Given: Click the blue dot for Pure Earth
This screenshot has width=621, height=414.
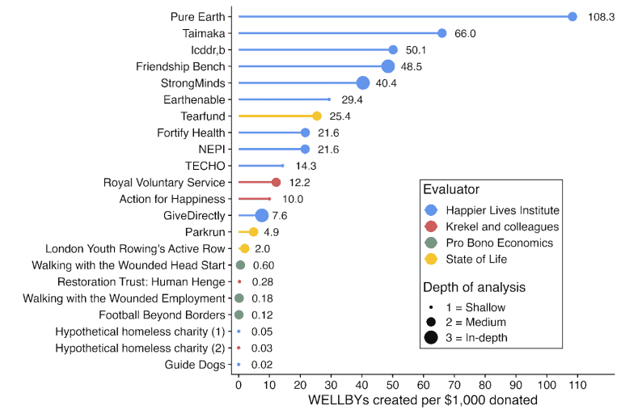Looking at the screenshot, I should click(x=572, y=16).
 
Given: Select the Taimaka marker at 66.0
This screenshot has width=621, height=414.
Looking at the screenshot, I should click(x=441, y=33).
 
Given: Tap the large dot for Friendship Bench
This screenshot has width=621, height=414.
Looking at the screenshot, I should click(x=388, y=66).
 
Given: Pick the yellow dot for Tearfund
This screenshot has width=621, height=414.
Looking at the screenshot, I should click(x=317, y=116).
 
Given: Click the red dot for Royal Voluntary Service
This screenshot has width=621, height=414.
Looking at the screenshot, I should click(x=276, y=182).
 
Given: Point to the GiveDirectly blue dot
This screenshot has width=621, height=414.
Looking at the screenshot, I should click(x=261, y=215).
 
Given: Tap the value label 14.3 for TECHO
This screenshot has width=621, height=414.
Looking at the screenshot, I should click(x=306, y=166).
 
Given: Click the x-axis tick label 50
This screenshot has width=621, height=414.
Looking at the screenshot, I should click(x=393, y=386).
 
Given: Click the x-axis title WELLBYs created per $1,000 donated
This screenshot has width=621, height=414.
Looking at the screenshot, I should click(x=423, y=401).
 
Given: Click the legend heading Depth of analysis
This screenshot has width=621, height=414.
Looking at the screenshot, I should click(x=474, y=286).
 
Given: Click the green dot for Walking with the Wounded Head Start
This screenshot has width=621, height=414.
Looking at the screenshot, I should click(x=240, y=265).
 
